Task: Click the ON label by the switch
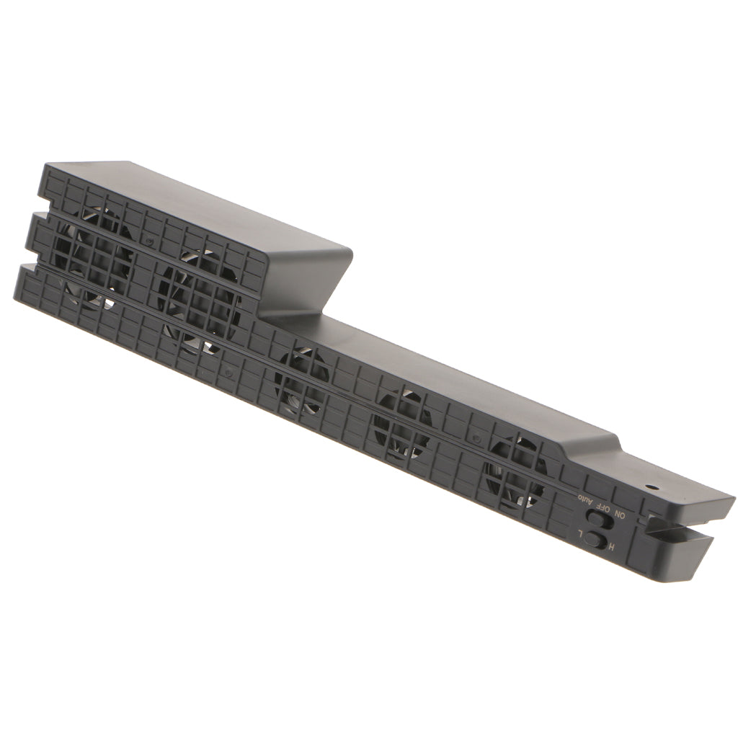[x=620, y=515]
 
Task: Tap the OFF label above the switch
[x=603, y=507]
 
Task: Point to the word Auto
[x=584, y=499]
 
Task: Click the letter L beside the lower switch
[x=582, y=534]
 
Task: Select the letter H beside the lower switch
[x=612, y=547]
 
